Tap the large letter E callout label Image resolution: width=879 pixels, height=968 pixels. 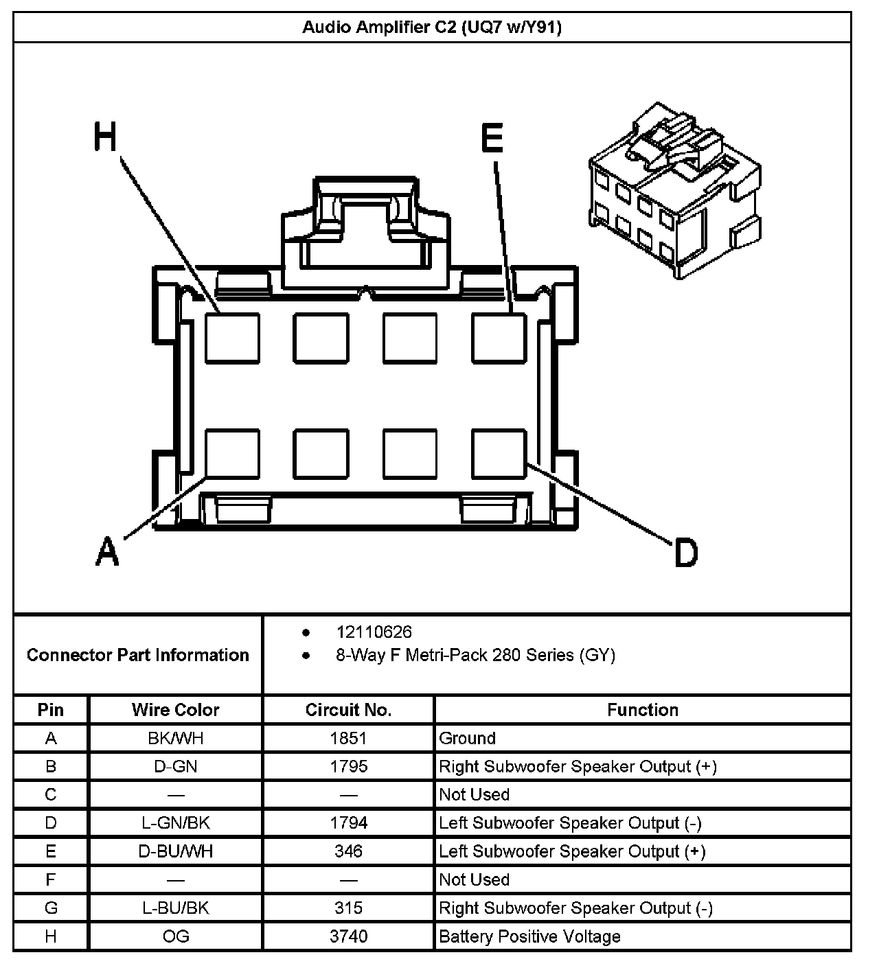(x=492, y=138)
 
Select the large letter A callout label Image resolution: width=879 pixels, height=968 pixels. (x=107, y=551)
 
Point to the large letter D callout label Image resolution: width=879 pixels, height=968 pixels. (x=685, y=553)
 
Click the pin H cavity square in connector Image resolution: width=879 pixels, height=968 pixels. (x=233, y=338)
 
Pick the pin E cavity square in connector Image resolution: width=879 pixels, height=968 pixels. (x=499, y=338)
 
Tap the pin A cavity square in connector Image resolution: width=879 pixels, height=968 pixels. (x=233, y=454)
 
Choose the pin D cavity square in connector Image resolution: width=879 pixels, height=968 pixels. (x=499, y=454)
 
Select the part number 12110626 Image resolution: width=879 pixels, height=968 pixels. (x=374, y=632)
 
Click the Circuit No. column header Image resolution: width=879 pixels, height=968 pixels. (x=348, y=710)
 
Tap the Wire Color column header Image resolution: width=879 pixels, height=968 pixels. (x=176, y=710)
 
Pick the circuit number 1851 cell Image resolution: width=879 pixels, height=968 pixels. (x=348, y=738)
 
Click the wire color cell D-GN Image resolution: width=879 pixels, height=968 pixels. (x=176, y=766)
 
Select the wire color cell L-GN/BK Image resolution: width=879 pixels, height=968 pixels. (x=176, y=822)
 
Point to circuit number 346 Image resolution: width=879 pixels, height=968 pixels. (x=348, y=851)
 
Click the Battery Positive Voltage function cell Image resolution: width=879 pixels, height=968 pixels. (x=529, y=936)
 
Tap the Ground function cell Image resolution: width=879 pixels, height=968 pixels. (x=467, y=738)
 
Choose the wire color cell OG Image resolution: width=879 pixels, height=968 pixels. (x=176, y=936)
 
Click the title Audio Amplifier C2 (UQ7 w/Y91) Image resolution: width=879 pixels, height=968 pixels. (x=432, y=27)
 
